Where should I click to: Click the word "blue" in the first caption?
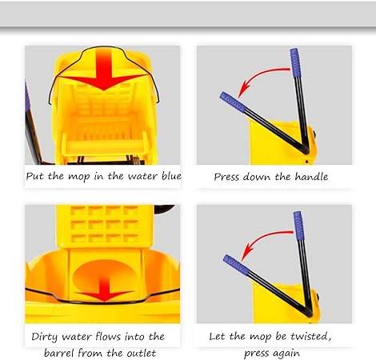coord(171,176)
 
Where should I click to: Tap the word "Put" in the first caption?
coord(35,176)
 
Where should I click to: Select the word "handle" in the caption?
coord(311,177)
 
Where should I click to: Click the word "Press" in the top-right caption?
coord(226,177)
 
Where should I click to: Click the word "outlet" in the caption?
coord(141,354)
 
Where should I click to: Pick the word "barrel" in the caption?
coord(58,354)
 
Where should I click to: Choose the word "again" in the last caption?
coord(285,354)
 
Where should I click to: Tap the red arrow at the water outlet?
coord(104,290)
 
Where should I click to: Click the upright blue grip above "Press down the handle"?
coord(295,62)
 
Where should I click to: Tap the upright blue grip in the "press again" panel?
coord(298,226)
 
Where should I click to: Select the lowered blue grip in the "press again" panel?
coord(236,266)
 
